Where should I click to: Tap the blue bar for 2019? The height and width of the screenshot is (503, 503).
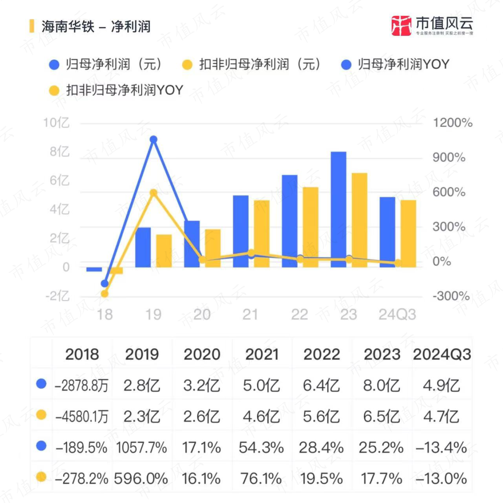tap(143, 247)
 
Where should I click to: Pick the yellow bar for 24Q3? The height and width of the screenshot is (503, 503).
tap(408, 233)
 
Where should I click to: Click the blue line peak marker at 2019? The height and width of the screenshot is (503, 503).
tap(153, 139)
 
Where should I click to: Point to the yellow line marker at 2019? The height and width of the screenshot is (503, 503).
tap(153, 193)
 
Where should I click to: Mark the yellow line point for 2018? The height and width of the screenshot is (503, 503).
tap(105, 294)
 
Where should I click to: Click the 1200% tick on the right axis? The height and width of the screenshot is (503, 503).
tap(452, 123)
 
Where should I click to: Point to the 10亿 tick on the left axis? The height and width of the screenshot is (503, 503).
tap(56, 123)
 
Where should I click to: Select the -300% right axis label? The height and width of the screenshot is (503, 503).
tap(450, 296)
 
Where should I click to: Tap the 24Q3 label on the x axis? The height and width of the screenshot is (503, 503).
tap(397, 314)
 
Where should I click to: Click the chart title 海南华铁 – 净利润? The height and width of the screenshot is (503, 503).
tap(96, 26)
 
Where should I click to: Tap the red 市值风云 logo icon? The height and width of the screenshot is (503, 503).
tap(401, 26)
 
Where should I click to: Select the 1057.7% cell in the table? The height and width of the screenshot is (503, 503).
tap(142, 448)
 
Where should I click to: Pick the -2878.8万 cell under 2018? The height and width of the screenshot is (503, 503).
tap(82, 386)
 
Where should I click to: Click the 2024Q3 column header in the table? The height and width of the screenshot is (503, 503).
tap(442, 354)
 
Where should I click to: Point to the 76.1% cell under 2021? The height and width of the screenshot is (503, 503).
tap(261, 479)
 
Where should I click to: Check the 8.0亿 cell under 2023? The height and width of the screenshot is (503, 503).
tap(381, 386)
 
